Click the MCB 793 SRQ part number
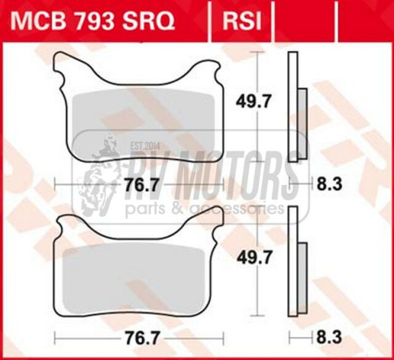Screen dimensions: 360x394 (x=96, y=21)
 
